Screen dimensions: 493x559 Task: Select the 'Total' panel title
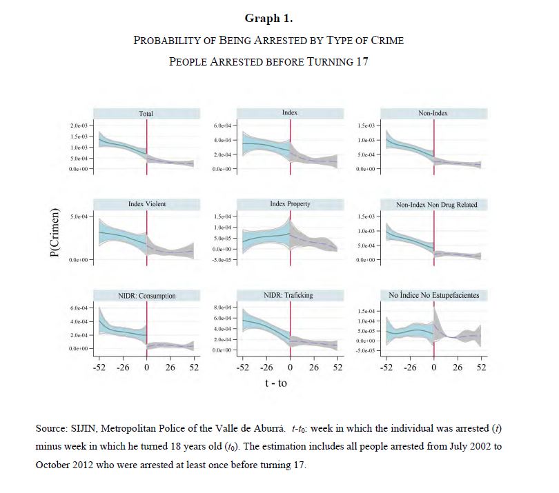tap(146, 114)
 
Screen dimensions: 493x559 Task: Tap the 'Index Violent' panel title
tap(146, 205)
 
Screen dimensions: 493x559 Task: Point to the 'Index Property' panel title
tap(290, 205)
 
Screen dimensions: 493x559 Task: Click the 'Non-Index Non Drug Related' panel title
tap(436, 205)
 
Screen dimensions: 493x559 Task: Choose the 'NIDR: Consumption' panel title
tap(146, 296)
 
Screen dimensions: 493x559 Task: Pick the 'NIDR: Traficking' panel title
tap(290, 295)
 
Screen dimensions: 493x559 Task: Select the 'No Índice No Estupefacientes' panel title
tap(434, 295)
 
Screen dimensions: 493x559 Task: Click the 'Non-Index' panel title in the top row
tap(434, 113)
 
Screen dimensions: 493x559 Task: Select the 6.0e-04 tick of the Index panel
tap(224, 126)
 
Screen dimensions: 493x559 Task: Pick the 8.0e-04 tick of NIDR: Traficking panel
tap(224, 307)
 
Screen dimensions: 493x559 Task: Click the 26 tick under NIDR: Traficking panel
tap(314, 368)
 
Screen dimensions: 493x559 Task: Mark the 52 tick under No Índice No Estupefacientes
tap(481, 368)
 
